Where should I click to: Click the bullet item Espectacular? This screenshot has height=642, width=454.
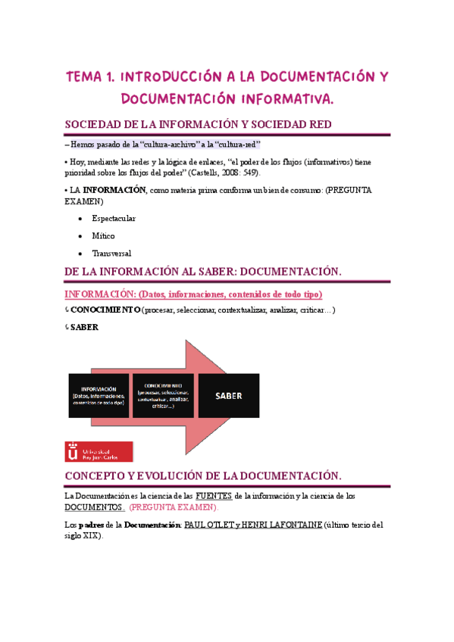pyautogui.click(x=113, y=218)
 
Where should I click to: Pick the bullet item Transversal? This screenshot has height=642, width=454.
pyautogui.click(x=111, y=254)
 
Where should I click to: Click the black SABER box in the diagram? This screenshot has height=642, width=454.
pyautogui.click(x=227, y=395)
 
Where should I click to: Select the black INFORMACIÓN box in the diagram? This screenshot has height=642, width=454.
pyautogui.click(x=99, y=395)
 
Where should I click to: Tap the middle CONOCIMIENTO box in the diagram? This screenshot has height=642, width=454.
pyautogui.click(x=163, y=395)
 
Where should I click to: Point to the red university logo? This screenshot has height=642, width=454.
pyautogui.click(x=99, y=452)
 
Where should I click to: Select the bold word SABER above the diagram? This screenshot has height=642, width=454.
pyautogui.click(x=84, y=327)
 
